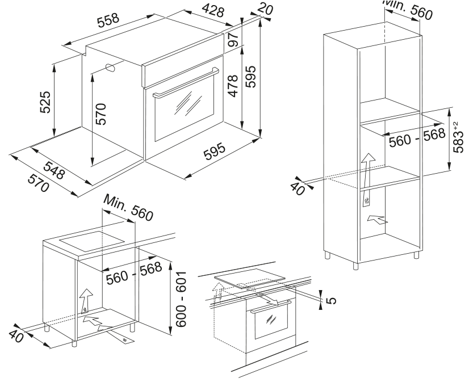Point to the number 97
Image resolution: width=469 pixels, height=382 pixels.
[x=231, y=40]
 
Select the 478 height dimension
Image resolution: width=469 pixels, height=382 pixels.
[x=232, y=85]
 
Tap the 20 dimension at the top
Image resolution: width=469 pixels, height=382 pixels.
[x=265, y=7]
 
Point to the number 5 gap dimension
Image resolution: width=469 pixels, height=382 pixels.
[x=332, y=298]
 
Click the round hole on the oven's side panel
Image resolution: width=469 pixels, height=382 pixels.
[x=110, y=68]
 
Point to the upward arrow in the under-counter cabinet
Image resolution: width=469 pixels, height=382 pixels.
[x=85, y=297]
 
